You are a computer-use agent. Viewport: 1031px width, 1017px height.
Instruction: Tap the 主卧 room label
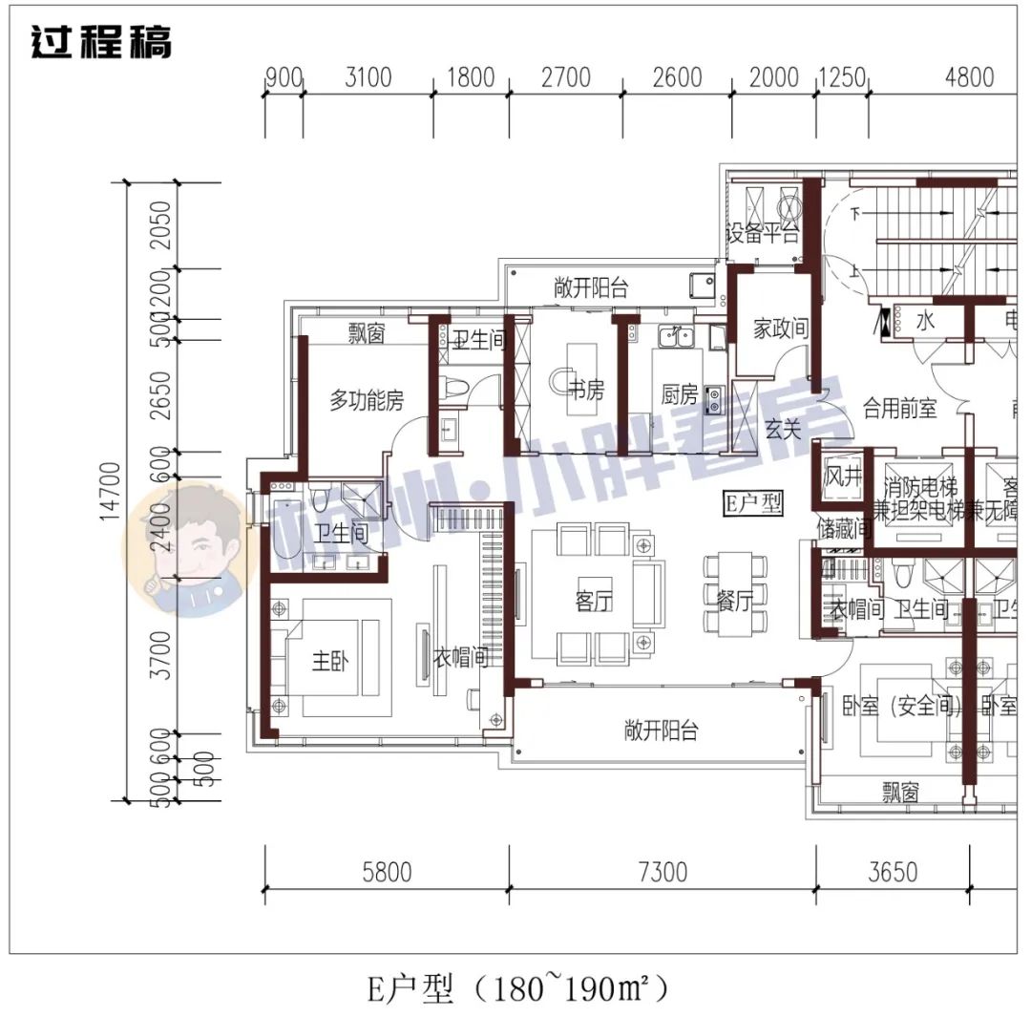[x=331, y=661]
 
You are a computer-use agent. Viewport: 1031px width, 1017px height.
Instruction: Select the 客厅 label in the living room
[x=593, y=601]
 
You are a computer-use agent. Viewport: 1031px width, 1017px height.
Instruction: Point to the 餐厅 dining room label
[x=734, y=600]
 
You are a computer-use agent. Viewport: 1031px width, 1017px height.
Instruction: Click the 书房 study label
[x=586, y=391]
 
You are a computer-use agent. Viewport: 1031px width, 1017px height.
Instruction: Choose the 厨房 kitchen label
[x=680, y=393]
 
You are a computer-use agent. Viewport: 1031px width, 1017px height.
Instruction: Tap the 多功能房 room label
[x=367, y=401]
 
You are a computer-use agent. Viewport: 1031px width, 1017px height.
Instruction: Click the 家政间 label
[x=780, y=329]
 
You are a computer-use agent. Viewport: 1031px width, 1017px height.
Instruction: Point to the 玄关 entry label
[x=783, y=430]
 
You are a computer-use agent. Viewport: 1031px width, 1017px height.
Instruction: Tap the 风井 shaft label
[x=844, y=475]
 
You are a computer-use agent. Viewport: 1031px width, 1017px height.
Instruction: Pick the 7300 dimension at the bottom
[x=661, y=871]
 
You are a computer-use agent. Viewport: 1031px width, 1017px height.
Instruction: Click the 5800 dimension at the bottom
[x=387, y=871]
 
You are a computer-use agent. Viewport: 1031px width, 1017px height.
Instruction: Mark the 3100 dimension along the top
[x=367, y=76]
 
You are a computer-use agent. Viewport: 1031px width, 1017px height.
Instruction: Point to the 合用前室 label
[x=899, y=409]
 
